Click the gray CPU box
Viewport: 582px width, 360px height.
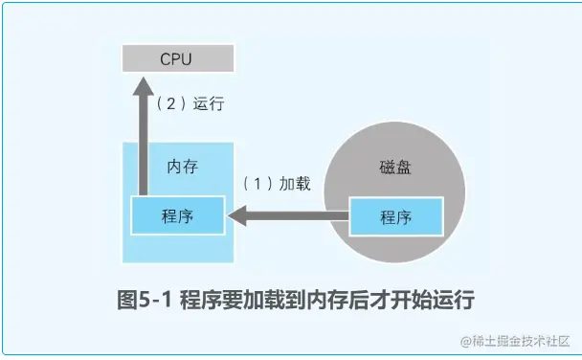178,59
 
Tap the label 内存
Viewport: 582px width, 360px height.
182,166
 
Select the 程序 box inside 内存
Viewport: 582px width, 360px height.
178,216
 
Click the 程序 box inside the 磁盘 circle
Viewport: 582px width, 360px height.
395,217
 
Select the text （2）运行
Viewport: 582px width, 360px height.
190,104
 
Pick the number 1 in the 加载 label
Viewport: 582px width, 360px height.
256,184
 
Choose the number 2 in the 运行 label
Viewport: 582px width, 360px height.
169,104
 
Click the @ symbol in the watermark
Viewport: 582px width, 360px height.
464,342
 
